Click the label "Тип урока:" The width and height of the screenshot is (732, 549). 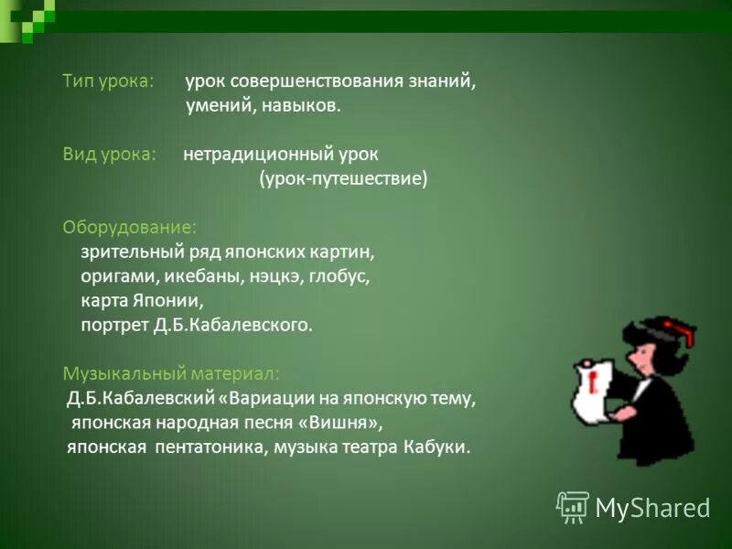pyautogui.click(x=107, y=81)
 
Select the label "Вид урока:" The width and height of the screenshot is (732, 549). pyautogui.click(x=108, y=154)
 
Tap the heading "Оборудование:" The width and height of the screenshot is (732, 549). pyautogui.click(x=128, y=226)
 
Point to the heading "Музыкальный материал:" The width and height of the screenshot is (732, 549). pyautogui.click(x=171, y=373)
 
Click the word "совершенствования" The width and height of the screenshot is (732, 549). pyautogui.click(x=309, y=81)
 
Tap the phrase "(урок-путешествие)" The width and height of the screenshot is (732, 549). pyautogui.click(x=343, y=178)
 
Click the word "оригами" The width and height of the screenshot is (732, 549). pyautogui.click(x=109, y=275)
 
